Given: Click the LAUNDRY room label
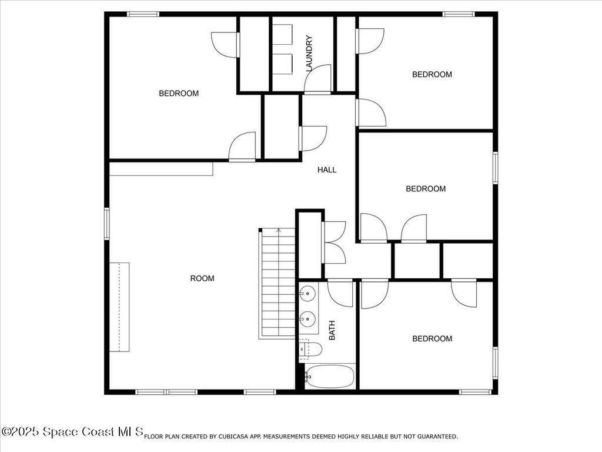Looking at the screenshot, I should click(309, 54).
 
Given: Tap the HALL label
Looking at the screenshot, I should click(327, 170).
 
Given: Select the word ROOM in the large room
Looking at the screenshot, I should click(202, 278).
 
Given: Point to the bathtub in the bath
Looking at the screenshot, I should click(330, 376).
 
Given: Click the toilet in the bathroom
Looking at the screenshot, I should click(310, 350).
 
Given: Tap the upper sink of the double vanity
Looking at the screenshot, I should click(307, 293).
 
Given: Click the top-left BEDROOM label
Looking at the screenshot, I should click(179, 94).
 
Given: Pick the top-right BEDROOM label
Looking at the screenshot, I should click(432, 75).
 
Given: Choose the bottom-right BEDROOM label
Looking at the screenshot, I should click(432, 339).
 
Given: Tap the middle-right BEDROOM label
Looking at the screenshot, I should click(426, 189).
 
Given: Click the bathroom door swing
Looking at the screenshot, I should click(340, 293).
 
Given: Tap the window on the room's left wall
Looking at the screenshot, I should click(107, 223).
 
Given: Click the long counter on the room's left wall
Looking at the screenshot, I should click(119, 307).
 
